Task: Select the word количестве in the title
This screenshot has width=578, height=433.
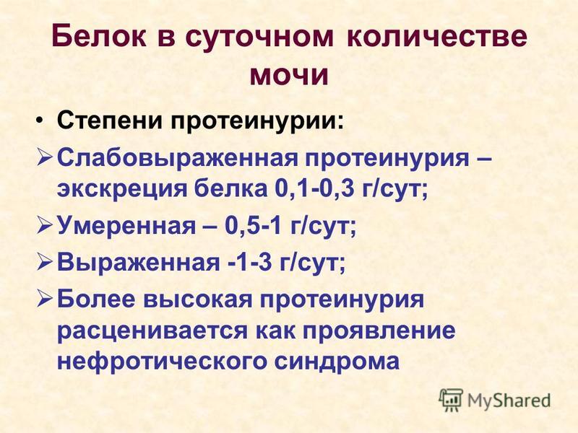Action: [437, 36]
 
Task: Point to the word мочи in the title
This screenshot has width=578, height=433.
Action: [289, 76]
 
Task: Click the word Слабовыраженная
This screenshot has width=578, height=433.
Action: [177, 159]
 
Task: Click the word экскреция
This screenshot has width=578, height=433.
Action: [123, 191]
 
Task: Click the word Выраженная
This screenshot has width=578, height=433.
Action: [138, 263]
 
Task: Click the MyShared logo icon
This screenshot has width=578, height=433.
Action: [451, 400]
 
